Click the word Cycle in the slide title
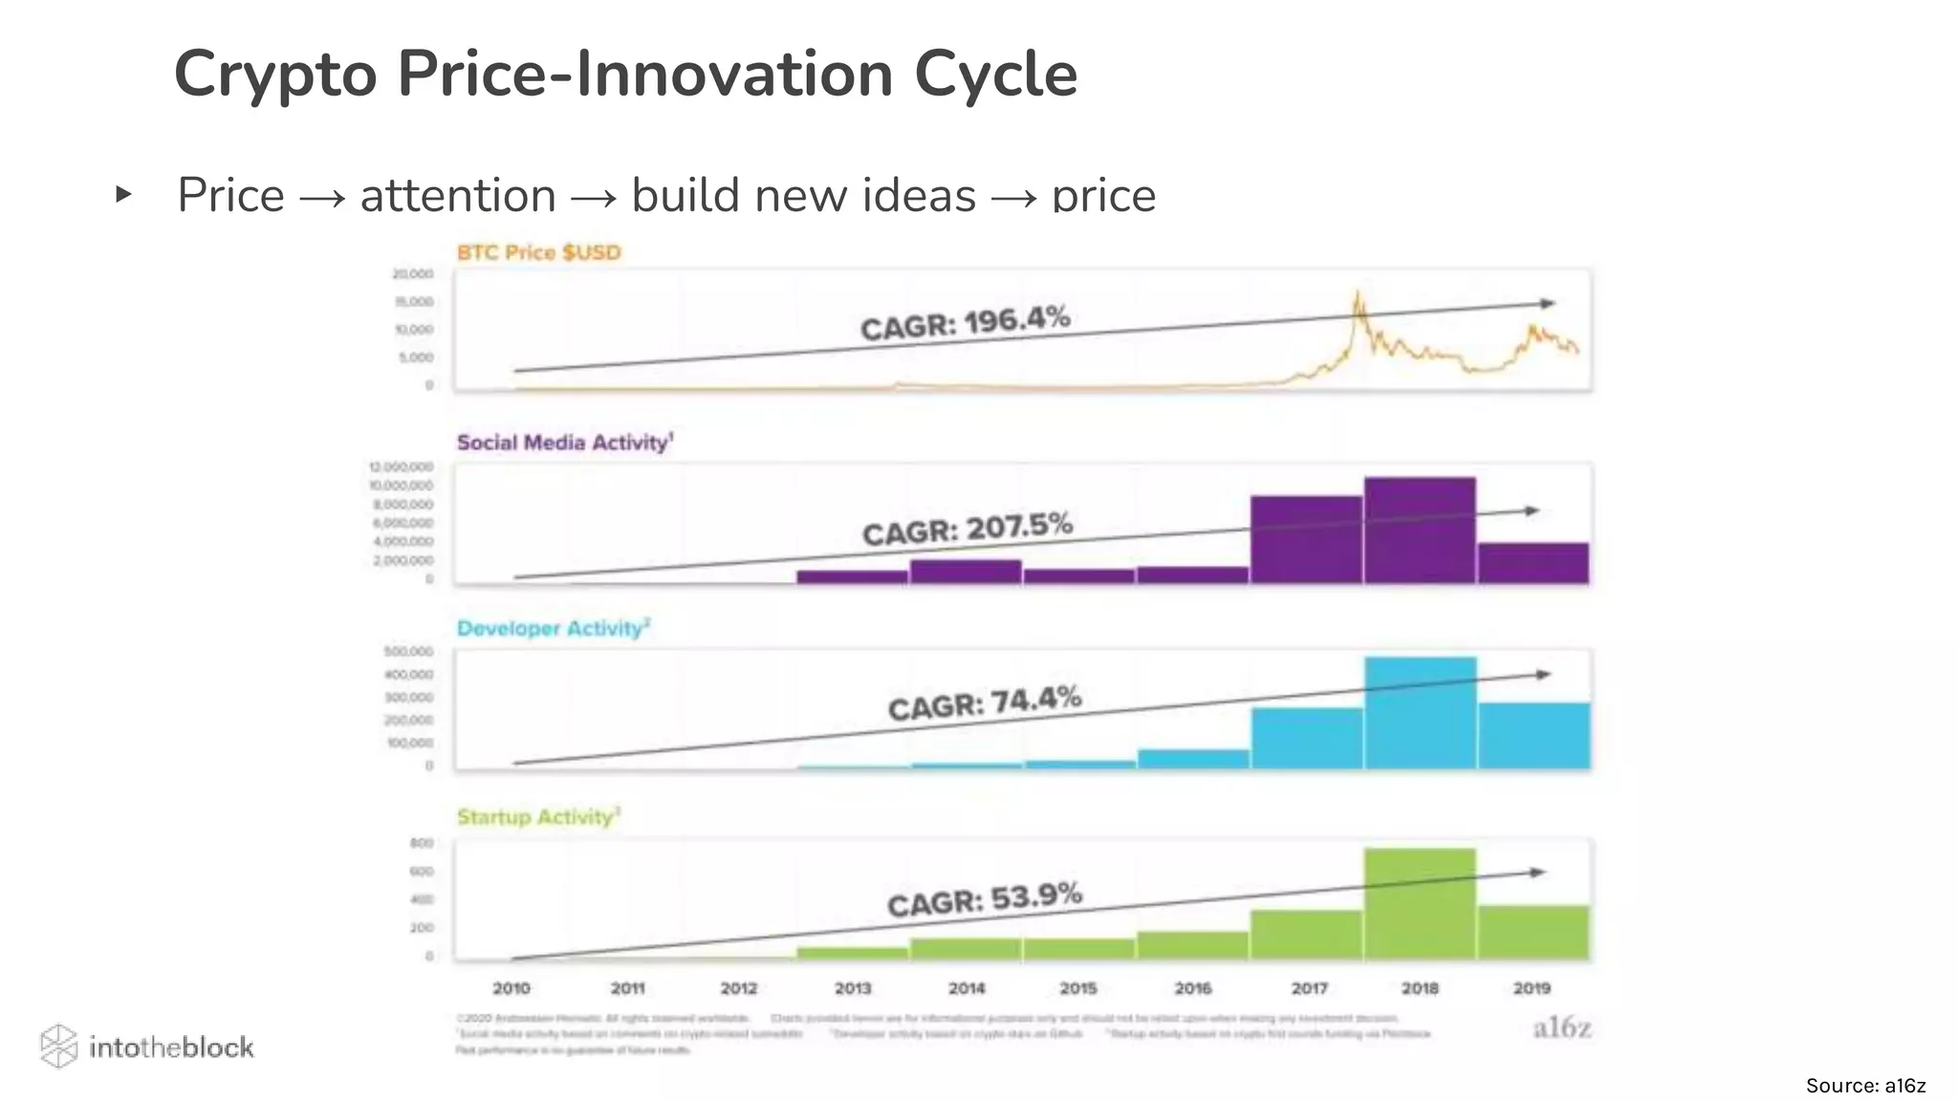[995, 75]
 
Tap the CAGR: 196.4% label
[965, 322]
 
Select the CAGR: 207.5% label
[968, 529]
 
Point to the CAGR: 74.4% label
[985, 703]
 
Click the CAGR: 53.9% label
[985, 899]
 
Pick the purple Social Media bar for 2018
[1420, 530]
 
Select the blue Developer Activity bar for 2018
[1420, 713]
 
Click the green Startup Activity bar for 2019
[1534, 933]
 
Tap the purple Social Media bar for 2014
[966, 572]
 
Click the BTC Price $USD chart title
[539, 252]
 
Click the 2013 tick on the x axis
[853, 988]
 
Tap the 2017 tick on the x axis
[1309, 988]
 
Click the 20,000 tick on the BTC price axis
[413, 274]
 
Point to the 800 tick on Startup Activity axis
[422, 843]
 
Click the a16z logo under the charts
[1562, 1027]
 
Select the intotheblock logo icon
[58, 1047]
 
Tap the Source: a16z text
[1865, 1086]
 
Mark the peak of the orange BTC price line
[1356, 293]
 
